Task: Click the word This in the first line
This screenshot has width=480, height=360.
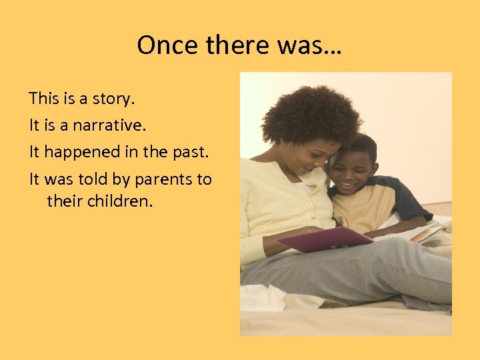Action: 44,99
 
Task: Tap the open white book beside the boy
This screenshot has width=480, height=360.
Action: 417,233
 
